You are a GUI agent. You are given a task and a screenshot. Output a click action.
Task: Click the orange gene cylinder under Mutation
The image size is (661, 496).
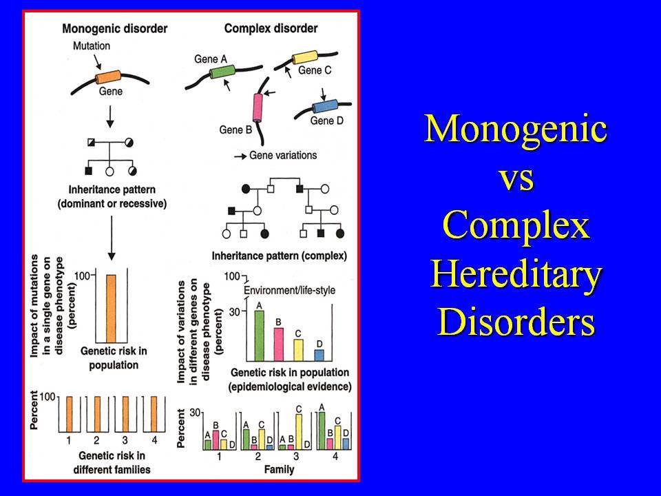click(108, 77)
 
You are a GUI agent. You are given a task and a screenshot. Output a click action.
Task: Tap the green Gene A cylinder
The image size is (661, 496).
click(222, 71)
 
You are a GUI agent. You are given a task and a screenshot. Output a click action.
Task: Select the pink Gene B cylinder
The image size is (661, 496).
click(258, 107)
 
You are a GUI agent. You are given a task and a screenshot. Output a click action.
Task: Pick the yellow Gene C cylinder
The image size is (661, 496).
click(305, 57)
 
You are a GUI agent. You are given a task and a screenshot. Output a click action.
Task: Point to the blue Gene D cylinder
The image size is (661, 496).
click(325, 106)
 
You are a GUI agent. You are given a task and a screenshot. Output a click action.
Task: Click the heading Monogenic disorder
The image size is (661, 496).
click(115, 29)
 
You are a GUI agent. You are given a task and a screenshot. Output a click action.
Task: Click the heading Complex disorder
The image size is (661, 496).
click(271, 28)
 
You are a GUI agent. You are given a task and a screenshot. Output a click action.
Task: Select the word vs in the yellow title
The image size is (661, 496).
click(517, 178)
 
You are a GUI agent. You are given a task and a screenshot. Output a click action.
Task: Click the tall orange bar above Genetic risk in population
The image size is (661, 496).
click(111, 309)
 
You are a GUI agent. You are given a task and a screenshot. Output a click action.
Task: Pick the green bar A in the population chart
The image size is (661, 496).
click(260, 335)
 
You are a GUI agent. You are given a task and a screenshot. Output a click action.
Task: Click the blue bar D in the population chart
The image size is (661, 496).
click(319, 355)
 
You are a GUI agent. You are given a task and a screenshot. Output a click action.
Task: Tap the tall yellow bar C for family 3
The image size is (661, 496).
click(298, 432)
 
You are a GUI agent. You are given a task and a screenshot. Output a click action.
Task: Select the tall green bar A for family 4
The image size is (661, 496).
click(322, 431)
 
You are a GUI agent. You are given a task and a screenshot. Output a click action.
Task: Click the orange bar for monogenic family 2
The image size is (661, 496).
click(97, 414)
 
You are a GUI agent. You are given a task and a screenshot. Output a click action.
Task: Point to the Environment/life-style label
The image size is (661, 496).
click(290, 290)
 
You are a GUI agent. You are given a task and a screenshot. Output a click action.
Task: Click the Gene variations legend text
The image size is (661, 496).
click(283, 155)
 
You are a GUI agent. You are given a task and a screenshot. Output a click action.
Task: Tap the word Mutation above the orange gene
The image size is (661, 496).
click(92, 45)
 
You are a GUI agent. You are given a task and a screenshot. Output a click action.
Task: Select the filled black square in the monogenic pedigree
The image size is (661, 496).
click(89, 171)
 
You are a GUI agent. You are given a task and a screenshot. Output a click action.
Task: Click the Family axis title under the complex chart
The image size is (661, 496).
click(279, 469)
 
